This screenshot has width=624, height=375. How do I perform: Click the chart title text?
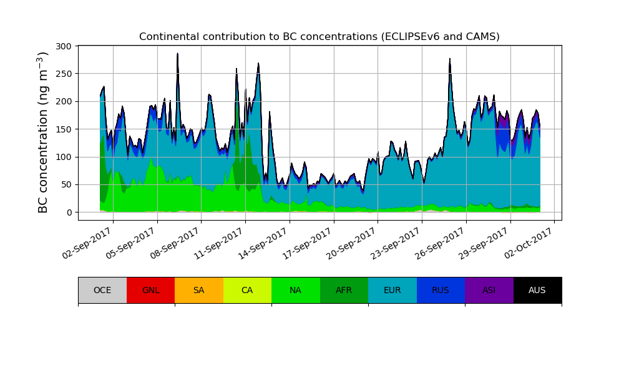click(319, 37)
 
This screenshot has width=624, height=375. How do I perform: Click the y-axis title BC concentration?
click(43, 132)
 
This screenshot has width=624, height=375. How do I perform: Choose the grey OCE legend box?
click(102, 290)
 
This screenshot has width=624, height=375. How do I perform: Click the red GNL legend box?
click(150, 290)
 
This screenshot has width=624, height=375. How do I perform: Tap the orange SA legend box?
click(199, 290)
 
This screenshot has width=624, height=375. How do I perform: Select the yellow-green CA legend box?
click(247, 290)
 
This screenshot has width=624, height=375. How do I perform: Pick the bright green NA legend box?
click(296, 290)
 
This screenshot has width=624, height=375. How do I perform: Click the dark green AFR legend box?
click(344, 290)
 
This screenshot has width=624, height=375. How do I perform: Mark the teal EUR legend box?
click(392, 290)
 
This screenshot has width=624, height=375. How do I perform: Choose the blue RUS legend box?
click(441, 290)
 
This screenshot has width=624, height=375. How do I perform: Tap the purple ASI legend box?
click(489, 290)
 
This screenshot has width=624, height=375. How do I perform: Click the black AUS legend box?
click(537, 290)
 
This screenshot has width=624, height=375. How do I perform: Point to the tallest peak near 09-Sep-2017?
click(178, 54)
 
